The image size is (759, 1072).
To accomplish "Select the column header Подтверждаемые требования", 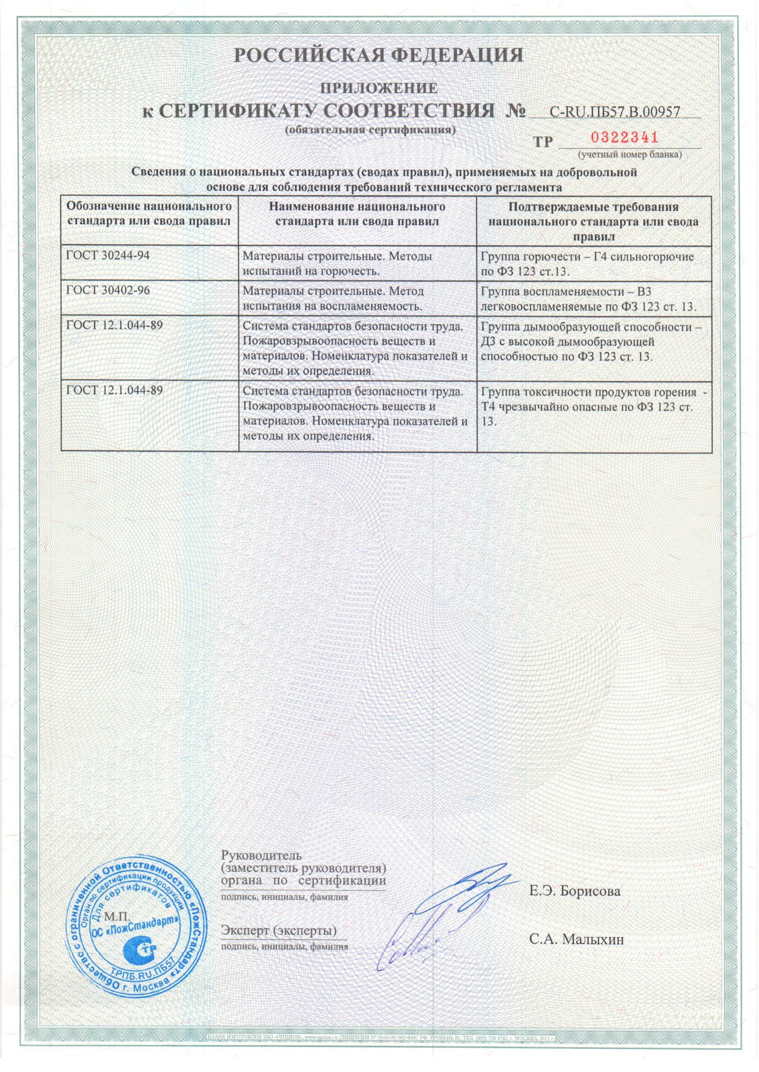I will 594,221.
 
